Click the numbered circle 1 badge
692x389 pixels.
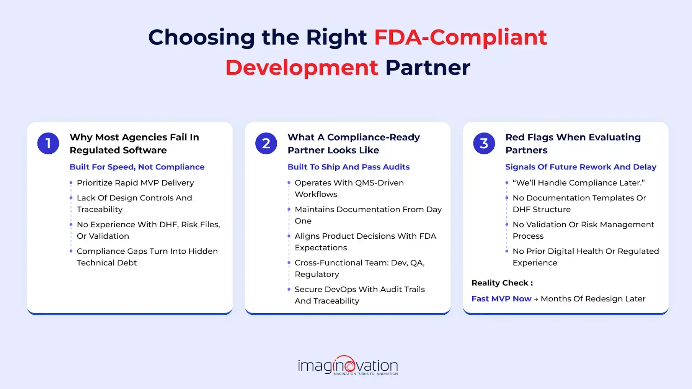coord(48,143)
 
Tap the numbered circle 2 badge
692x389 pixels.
coord(266,143)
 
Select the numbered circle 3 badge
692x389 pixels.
coord(484,143)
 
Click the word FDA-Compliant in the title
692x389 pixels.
coord(460,37)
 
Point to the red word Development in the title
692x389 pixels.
coord(302,68)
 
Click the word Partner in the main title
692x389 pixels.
coord(428,68)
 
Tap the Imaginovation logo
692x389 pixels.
coord(348,366)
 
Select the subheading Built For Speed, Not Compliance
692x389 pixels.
coord(137,167)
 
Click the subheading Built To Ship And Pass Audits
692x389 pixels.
coord(348,167)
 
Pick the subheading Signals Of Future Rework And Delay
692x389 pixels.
coord(581,167)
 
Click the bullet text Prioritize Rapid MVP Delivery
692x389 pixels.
coord(135,183)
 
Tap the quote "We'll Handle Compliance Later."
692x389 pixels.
coord(578,183)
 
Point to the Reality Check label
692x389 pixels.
coord(502,283)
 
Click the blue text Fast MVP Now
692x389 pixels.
coord(501,299)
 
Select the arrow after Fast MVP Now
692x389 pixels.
coord(536,299)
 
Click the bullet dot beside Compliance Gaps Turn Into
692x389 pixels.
coord(71,251)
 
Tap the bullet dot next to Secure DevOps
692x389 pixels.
coord(289,289)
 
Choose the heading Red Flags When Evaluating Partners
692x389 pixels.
coord(573,143)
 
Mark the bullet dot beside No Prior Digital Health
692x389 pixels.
coord(507,251)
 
